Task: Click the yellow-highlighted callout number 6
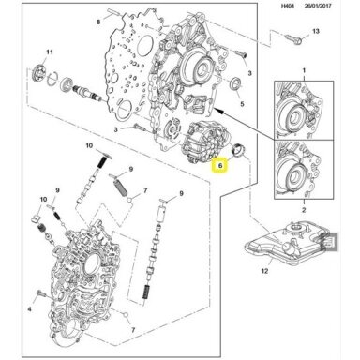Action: [x=220, y=166]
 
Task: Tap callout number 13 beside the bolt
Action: [x=316, y=31]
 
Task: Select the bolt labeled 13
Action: [x=293, y=39]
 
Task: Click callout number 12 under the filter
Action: [x=264, y=271]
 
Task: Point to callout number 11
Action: [x=50, y=52]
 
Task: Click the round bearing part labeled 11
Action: [x=39, y=71]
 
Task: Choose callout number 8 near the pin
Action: [x=98, y=22]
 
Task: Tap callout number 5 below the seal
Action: [x=242, y=104]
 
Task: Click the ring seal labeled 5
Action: [x=235, y=82]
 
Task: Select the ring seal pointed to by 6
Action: [x=240, y=149]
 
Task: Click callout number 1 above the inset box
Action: [x=304, y=71]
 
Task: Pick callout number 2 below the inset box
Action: [x=304, y=210]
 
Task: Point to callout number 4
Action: [x=30, y=309]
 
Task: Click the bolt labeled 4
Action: [x=40, y=293]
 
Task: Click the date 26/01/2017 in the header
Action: [x=319, y=6]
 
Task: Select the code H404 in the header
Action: [x=288, y=6]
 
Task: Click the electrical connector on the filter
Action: [x=330, y=242]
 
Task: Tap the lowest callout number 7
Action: [x=133, y=330]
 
